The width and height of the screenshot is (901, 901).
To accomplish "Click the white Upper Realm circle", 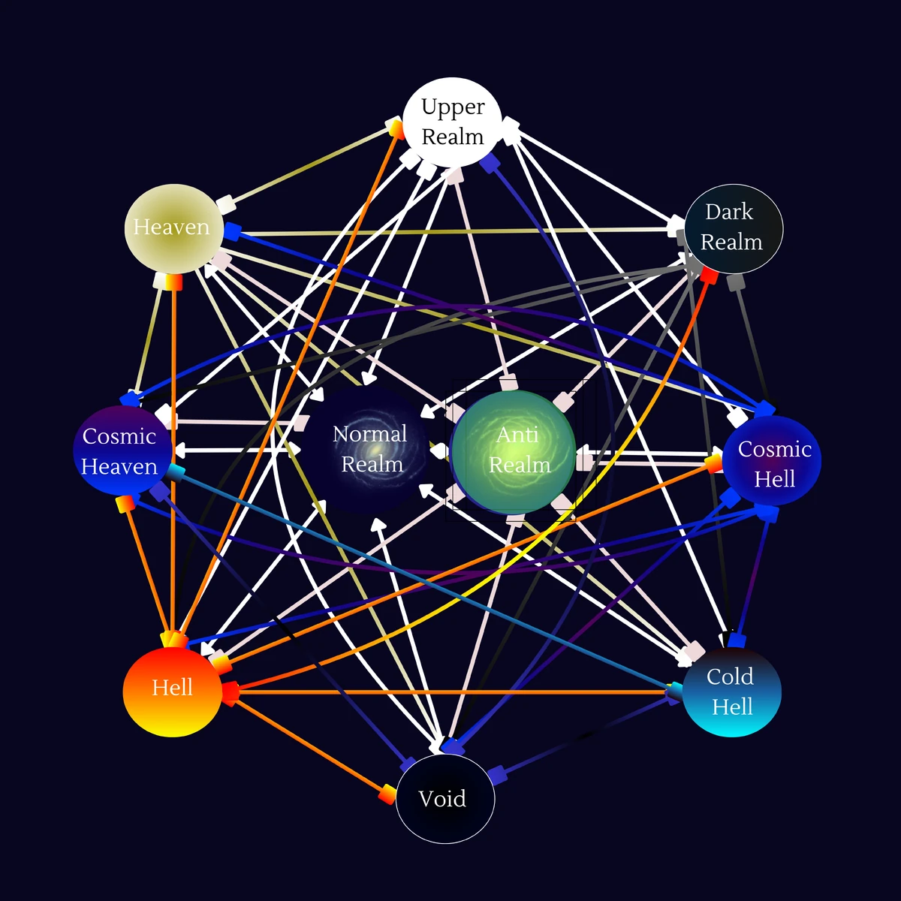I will [452, 122].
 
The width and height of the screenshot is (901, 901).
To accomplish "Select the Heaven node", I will [173, 228].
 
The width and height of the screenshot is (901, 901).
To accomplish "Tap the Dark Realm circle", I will [733, 228].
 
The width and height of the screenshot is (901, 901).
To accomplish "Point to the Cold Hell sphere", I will [731, 691].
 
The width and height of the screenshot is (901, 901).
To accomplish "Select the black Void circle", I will [444, 799].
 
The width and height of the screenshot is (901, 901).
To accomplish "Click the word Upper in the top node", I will [453, 107].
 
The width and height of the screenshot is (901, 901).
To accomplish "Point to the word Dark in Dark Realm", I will [728, 212].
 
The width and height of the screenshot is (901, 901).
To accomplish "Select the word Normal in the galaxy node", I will [369, 434].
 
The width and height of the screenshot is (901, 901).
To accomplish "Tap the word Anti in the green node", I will [517, 435].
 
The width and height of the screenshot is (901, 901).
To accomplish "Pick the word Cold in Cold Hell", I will [730, 677].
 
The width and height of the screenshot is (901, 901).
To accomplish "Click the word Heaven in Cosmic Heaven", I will [119, 467].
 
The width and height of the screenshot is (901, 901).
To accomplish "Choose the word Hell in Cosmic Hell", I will [774, 479].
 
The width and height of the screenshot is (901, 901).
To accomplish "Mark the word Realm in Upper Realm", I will [453, 137].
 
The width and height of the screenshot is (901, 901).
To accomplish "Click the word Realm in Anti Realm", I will [520, 466].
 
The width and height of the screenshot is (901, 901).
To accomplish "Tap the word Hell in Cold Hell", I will [732, 707].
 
